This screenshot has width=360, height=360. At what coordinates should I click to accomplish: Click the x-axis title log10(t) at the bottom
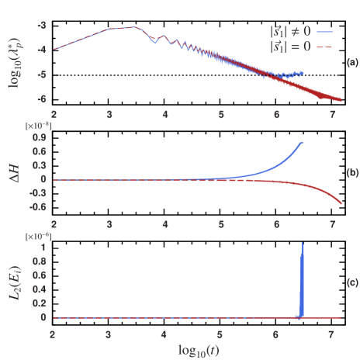197,348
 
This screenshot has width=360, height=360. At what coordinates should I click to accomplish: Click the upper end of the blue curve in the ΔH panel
302,143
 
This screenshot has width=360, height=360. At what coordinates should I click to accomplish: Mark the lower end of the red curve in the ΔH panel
341,205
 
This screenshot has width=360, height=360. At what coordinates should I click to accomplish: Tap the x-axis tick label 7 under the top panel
333,115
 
